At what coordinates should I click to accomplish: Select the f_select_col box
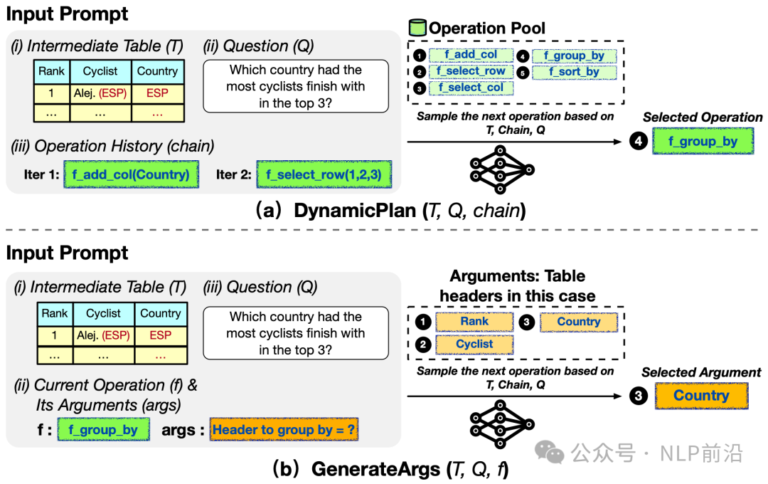471,88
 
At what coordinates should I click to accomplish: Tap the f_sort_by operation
573,72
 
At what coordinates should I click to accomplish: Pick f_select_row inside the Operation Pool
471,71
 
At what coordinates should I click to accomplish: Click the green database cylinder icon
417,28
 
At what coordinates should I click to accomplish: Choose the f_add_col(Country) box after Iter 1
131,174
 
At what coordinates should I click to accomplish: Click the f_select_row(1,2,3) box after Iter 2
324,174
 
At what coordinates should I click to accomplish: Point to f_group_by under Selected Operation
703,142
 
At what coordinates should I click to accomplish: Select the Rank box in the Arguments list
474,322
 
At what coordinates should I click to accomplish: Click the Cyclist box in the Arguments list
474,344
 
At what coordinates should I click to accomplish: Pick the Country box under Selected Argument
701,396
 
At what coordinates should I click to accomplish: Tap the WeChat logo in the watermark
551,452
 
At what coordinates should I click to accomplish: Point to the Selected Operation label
703,117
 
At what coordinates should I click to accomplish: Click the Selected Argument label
701,372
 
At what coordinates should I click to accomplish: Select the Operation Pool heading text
487,28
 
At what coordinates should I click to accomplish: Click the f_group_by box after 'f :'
103,430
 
